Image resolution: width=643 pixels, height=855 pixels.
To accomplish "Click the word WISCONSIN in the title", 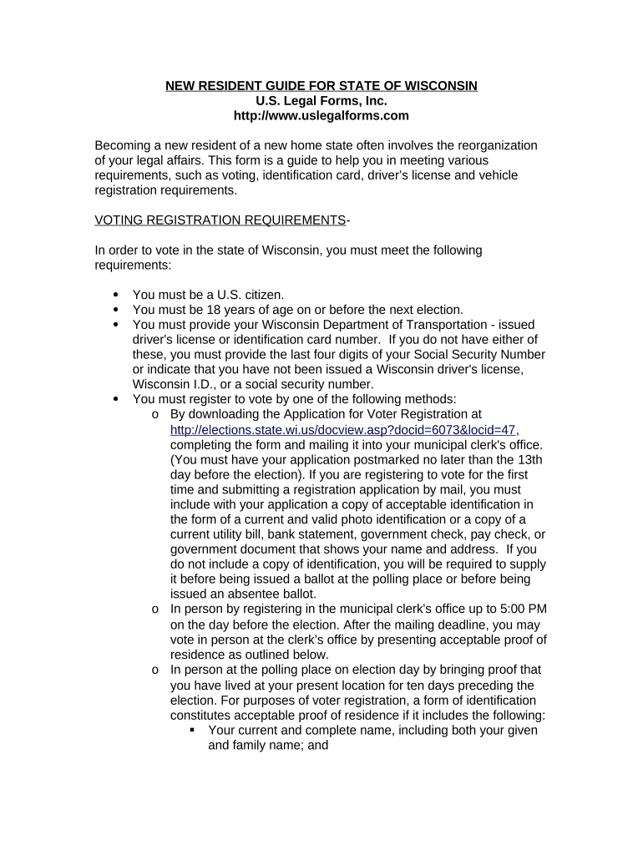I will pyautogui.click(x=435, y=86).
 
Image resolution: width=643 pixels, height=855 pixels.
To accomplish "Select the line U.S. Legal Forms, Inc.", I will pyautogui.click(x=321, y=101).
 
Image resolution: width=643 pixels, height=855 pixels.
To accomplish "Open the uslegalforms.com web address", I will pyautogui.click(x=321, y=116).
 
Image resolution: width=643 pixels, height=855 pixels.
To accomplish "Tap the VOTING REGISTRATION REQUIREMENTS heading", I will pyautogui.click(x=220, y=220).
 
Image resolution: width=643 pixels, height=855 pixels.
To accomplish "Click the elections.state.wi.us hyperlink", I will pyautogui.click(x=342, y=430).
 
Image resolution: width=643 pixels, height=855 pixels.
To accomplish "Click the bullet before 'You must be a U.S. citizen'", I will pyautogui.click(x=115, y=294).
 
